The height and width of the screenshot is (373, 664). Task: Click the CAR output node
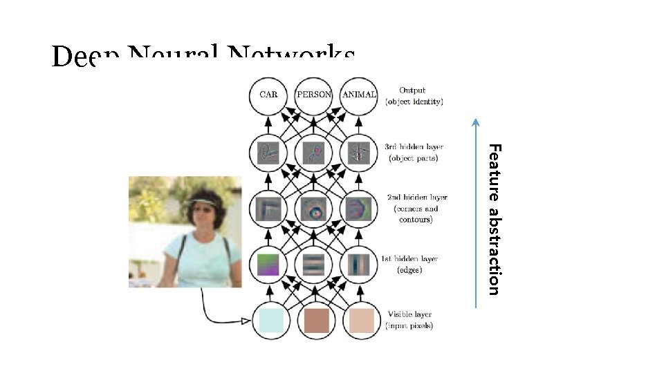pyautogui.click(x=268, y=95)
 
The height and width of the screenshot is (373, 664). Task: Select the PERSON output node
pyautogui.click(x=313, y=95)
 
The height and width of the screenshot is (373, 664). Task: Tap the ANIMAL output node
pyautogui.click(x=359, y=95)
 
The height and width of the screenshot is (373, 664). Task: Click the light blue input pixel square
pyautogui.click(x=268, y=321)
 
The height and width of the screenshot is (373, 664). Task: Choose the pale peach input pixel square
pyautogui.click(x=360, y=321)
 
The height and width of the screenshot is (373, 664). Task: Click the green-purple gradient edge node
pyautogui.click(x=268, y=265)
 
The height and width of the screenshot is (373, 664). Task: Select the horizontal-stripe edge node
pyautogui.click(x=314, y=265)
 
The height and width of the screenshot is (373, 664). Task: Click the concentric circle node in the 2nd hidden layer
pyautogui.click(x=314, y=209)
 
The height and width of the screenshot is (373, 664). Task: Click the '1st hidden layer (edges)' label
pyautogui.click(x=409, y=265)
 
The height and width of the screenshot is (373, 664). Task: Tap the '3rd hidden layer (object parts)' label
pyautogui.click(x=414, y=153)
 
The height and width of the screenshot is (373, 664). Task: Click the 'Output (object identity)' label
pyautogui.click(x=414, y=95)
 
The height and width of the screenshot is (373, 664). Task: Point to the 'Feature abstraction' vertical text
pyautogui.click(x=493, y=218)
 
